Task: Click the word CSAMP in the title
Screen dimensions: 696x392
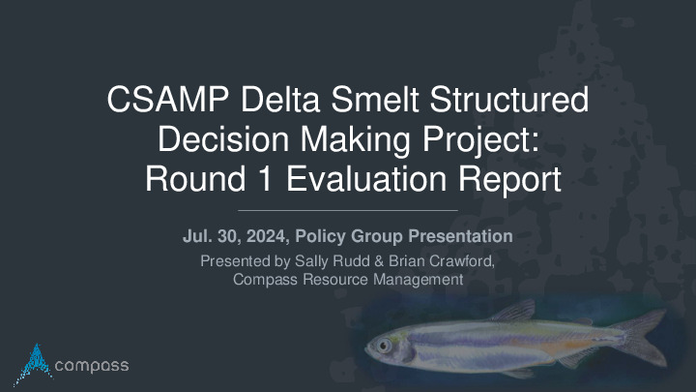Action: click(168, 99)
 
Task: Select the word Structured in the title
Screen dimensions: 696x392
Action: click(509, 99)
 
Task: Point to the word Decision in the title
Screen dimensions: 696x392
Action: click(223, 139)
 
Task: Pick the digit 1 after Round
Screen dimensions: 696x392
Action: click(265, 179)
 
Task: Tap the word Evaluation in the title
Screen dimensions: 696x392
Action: click(366, 179)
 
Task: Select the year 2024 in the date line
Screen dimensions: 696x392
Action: click(268, 236)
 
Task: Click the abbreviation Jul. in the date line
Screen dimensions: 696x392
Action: click(196, 236)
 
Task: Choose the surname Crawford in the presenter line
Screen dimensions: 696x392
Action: click(462, 261)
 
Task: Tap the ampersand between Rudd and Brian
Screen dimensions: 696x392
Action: click(379, 261)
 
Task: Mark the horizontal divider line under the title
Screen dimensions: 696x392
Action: click(348, 210)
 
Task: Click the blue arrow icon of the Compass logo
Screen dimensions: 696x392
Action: click(35, 363)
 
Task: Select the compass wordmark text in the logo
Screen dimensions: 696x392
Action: click(92, 366)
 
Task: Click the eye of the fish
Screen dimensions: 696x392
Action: click(384, 345)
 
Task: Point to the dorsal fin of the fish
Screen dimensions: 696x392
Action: click(514, 311)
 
